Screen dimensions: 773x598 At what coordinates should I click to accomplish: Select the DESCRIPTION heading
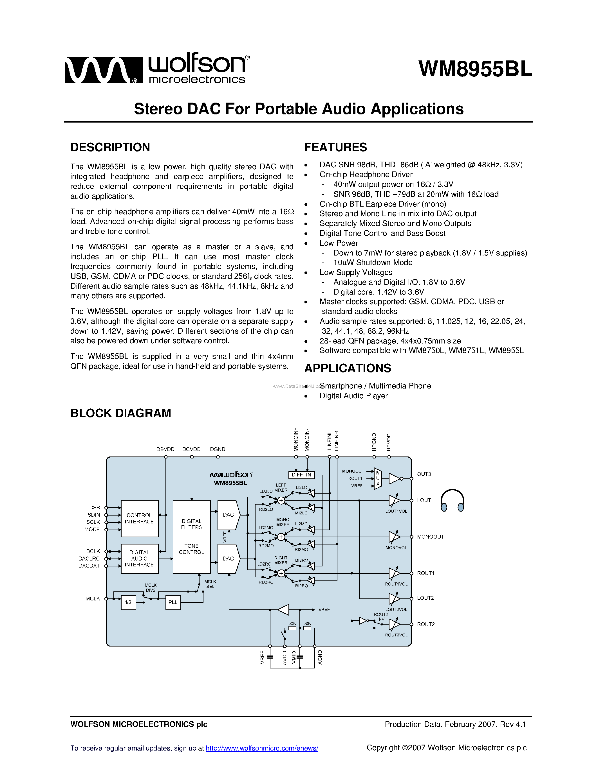coord(110,147)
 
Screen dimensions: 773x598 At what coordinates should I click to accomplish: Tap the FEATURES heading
coord(335,147)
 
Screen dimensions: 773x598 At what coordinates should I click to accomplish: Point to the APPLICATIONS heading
coord(348,368)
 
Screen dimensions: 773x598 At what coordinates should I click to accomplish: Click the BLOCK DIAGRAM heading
coord(120,413)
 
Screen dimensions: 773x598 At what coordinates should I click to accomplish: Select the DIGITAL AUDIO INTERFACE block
coord(140,559)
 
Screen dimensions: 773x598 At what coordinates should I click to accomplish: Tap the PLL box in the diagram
coord(173,602)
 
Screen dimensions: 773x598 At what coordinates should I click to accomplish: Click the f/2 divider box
coord(128,602)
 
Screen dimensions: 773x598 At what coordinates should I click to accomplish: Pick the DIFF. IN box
coord(301,475)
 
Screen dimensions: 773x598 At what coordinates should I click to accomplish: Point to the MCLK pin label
coord(93,598)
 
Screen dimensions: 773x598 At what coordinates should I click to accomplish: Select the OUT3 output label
coord(424,474)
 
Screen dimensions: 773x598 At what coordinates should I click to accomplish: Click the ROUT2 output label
coord(425,624)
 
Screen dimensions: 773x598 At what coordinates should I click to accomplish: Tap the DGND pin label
coord(218,449)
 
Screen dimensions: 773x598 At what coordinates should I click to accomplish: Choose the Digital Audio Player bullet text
coord(353,396)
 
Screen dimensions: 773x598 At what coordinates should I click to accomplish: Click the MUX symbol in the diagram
coord(378,478)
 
